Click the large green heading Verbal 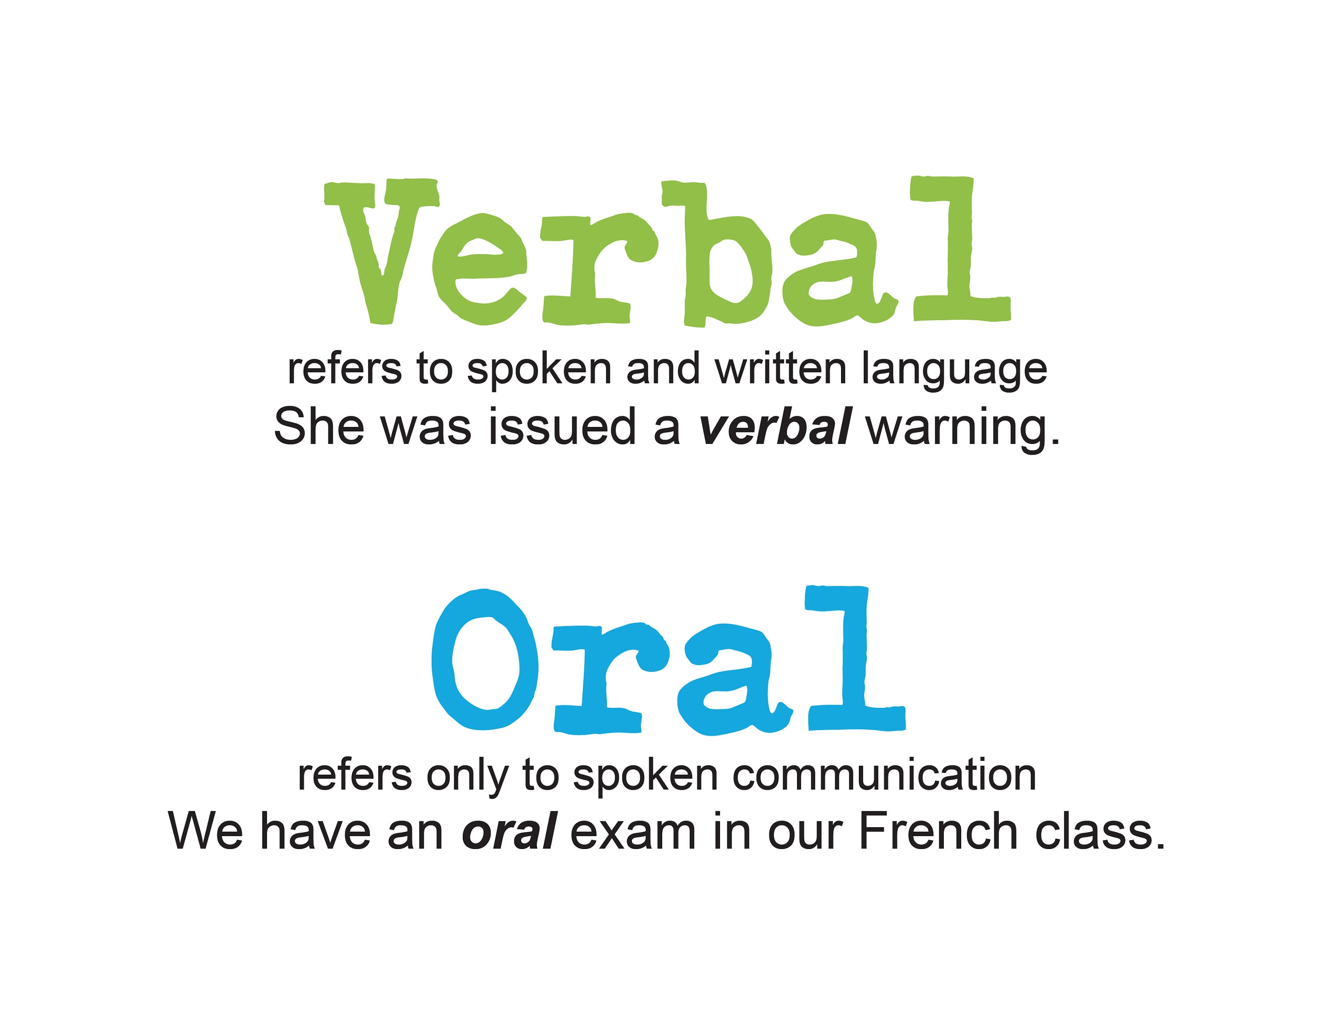click(666, 251)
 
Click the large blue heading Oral click(667, 660)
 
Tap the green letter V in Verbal click(381, 251)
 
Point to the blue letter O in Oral click(484, 660)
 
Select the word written click(781, 369)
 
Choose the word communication click(884, 775)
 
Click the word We click(206, 832)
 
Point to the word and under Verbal click(663, 369)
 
